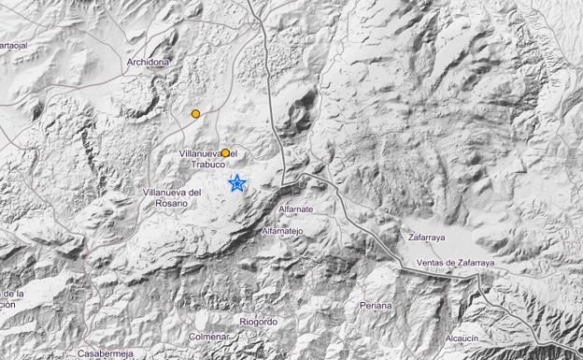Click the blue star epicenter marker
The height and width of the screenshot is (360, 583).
click(x=237, y=183)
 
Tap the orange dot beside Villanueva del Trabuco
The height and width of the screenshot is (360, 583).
click(x=225, y=152)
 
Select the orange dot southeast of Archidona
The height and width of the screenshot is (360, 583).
click(x=195, y=114)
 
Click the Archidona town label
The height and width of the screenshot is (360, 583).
click(x=149, y=63)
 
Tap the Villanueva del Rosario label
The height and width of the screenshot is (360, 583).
click(x=172, y=197)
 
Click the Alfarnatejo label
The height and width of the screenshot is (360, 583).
click(x=282, y=230)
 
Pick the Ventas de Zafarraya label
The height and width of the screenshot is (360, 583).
click(x=456, y=263)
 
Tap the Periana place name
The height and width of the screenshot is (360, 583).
click(x=376, y=306)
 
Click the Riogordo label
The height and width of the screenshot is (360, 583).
click(x=258, y=322)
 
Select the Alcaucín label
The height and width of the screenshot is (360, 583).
click(x=463, y=338)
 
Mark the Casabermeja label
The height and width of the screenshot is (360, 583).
click(x=107, y=354)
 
